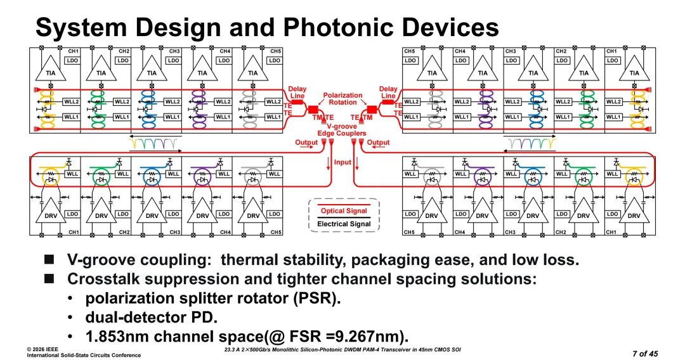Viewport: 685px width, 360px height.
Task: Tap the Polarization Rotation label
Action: pos(342,99)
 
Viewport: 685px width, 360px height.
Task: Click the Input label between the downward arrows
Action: pos(342,162)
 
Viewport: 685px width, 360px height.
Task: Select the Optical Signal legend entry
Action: pos(342,211)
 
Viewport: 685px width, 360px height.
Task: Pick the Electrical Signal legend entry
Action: pos(342,224)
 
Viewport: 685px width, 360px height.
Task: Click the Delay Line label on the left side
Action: pos(297,93)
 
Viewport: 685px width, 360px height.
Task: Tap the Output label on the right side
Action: pos(379,143)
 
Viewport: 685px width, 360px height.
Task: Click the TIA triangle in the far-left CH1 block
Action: pos(51,72)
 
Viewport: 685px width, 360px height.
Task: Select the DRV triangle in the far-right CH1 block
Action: pos(634,215)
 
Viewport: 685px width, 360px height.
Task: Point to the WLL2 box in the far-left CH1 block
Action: pos(71,102)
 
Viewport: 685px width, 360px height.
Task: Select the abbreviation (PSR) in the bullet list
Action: pos(314,298)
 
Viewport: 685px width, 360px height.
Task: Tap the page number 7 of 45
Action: pos(645,352)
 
